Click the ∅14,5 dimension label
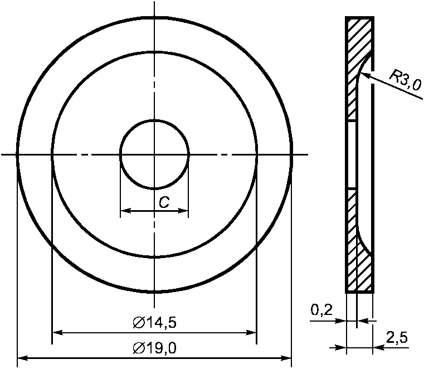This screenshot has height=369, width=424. pos(155,323)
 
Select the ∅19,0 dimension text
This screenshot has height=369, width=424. pos(155,348)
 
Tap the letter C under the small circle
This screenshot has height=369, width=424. pos(164,202)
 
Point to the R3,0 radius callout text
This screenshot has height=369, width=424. pos(405,80)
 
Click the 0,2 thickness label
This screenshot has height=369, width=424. pos(321,310)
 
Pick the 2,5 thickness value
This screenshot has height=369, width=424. pos(397,338)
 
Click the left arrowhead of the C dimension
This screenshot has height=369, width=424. pos(126,211)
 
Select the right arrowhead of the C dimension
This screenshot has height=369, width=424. pos(183,211)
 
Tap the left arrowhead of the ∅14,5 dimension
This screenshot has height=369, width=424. pos(57,332)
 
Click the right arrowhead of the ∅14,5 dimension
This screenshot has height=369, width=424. pos(251,332)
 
